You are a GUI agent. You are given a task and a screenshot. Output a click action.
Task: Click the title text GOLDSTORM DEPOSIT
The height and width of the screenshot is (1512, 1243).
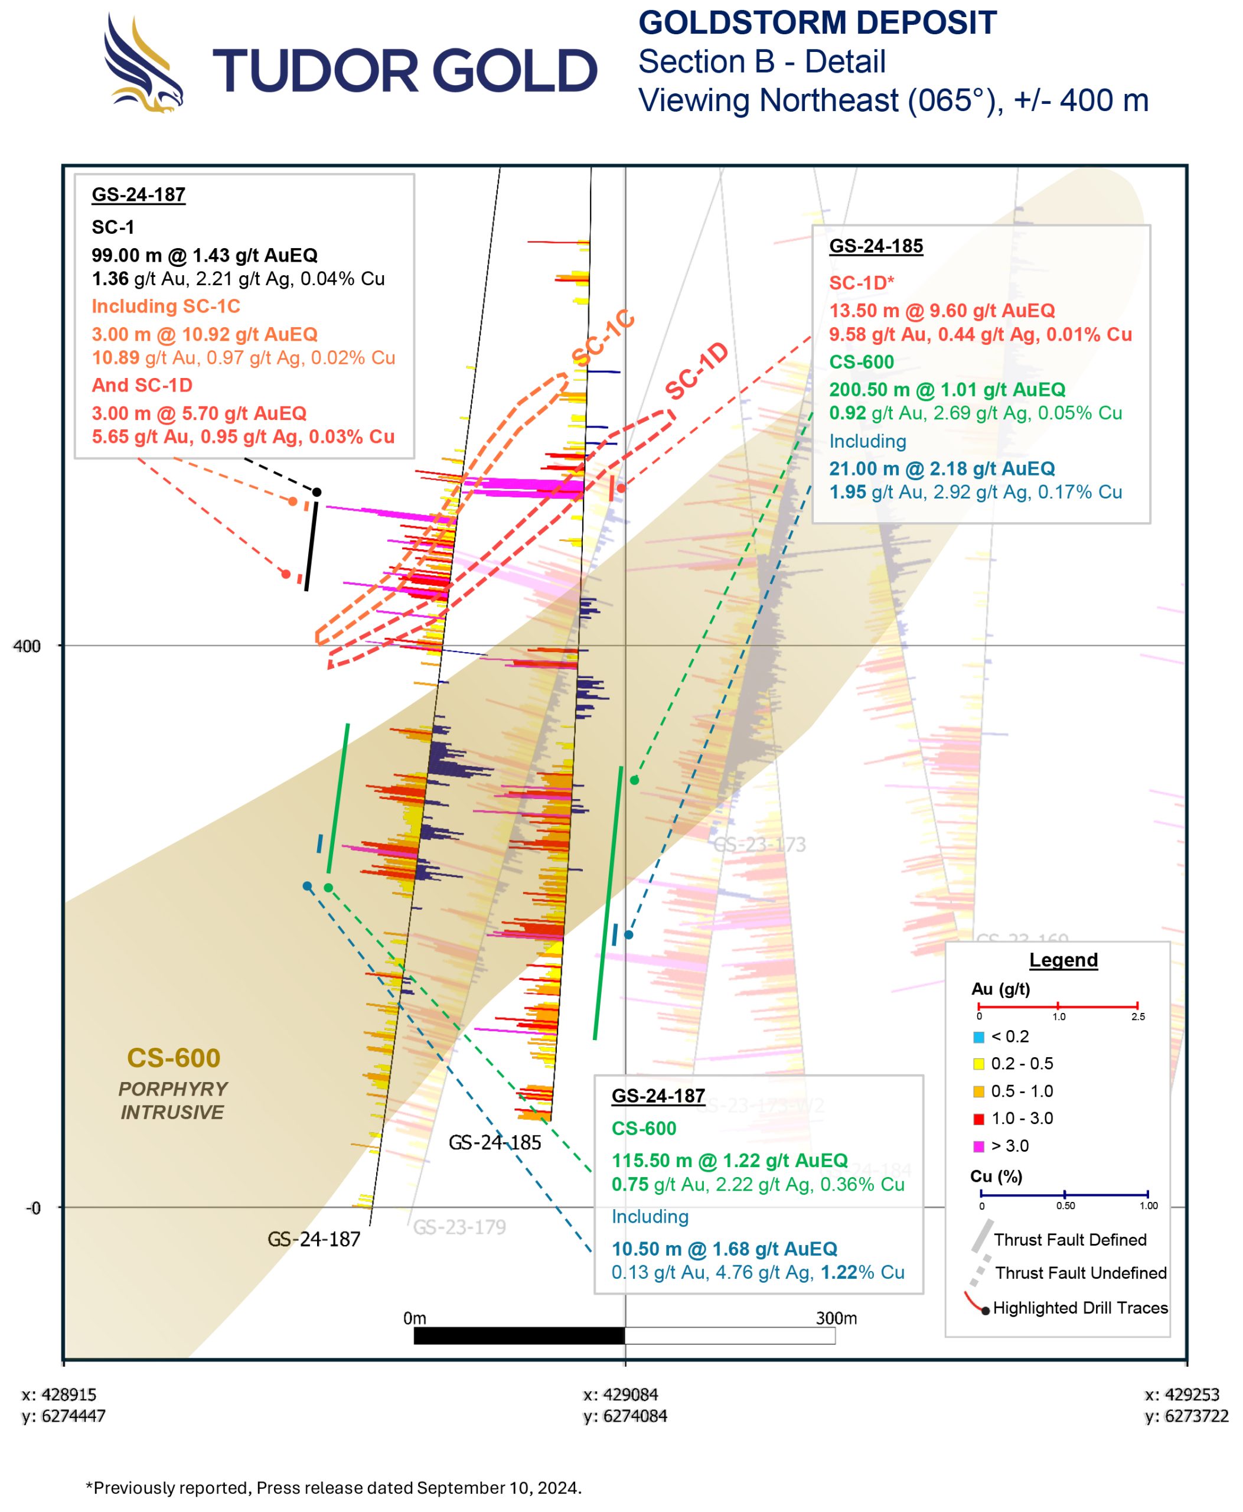817,23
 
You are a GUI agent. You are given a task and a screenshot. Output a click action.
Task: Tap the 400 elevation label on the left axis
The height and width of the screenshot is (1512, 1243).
27,646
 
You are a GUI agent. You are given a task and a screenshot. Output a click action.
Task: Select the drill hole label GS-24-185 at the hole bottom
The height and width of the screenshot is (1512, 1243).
495,1142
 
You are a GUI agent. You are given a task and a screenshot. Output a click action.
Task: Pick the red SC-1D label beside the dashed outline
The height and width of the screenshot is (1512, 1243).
696,371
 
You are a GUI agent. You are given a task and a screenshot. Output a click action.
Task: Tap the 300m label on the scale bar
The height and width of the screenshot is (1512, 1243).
836,1318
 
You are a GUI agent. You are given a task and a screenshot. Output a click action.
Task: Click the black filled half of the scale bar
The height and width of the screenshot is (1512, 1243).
519,1336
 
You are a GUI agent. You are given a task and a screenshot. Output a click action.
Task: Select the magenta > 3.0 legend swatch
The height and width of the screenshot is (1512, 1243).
979,1146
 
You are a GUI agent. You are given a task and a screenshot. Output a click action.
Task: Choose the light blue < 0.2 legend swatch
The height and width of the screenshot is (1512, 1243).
979,1037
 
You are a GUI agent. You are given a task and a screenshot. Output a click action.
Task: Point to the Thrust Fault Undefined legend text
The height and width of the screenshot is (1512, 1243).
1081,1273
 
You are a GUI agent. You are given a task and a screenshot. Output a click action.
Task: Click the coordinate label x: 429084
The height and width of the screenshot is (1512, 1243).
621,1394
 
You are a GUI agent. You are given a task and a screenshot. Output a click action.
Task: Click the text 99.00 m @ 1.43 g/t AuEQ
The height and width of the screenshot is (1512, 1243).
204,255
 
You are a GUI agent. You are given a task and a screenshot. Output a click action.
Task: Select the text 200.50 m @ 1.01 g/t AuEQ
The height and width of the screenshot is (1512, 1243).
947,390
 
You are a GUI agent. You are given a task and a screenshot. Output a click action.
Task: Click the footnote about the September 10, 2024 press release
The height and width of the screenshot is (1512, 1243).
334,1488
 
